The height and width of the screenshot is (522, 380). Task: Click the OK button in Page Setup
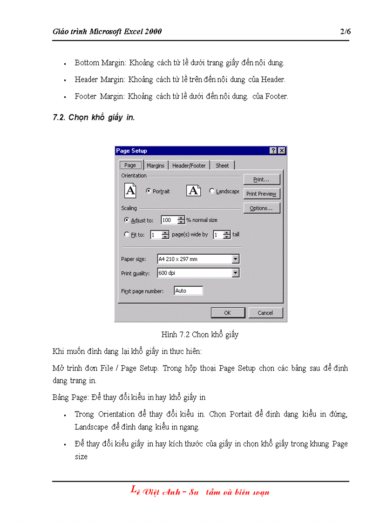point(228,313)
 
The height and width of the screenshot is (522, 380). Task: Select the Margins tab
point(155,165)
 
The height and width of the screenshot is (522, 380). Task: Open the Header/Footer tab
point(189,165)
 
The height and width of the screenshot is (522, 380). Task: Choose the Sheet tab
point(222,165)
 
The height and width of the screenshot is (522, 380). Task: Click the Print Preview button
point(261,194)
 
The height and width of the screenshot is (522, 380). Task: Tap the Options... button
point(261,208)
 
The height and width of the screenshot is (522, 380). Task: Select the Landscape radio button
point(212,191)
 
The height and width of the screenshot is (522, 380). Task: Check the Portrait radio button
point(148,191)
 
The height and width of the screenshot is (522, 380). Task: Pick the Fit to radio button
point(127,235)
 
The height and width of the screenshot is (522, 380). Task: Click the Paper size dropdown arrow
point(235,259)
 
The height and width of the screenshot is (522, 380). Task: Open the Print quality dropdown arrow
point(235,273)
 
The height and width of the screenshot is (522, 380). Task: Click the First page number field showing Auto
point(188,291)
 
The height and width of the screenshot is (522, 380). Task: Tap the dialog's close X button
point(282,151)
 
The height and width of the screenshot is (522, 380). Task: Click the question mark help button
point(273,151)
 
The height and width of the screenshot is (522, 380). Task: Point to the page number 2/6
point(345,32)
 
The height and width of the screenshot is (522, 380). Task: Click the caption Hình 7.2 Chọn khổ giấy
point(200,335)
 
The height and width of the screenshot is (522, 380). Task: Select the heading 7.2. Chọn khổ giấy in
point(94,118)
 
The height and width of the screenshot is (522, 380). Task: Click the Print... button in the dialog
point(261,179)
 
